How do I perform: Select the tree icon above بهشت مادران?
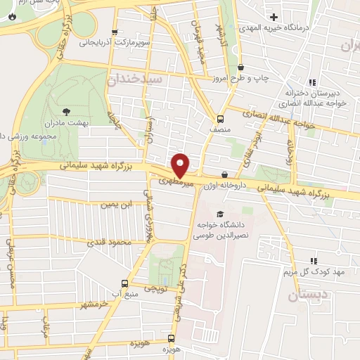[x=67, y=111]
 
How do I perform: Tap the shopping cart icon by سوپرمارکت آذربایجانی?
[x=115, y=32]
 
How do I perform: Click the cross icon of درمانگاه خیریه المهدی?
[x=274, y=16]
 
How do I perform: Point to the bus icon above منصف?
[x=220, y=119]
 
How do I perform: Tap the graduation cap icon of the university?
[x=220, y=213]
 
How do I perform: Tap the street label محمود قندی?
[x=109, y=243]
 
